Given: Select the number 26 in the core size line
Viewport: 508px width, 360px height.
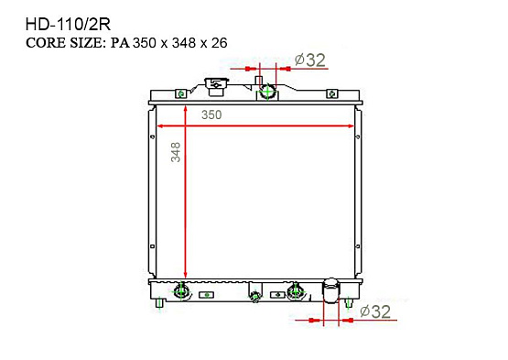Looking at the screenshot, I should pyautogui.click(x=219, y=43).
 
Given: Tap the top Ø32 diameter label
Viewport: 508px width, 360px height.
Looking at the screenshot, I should pyautogui.click(x=310, y=60).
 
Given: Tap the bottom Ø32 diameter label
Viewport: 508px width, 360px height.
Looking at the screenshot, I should pyautogui.click(x=376, y=311).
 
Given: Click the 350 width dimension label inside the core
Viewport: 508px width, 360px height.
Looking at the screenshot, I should pyautogui.click(x=211, y=115).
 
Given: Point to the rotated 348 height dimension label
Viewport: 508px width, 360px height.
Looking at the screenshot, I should pyautogui.click(x=176, y=152).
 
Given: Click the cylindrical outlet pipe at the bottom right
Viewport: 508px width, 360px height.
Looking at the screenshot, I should pyautogui.click(x=330, y=292).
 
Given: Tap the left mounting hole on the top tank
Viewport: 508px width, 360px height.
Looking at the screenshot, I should pyautogui.click(x=181, y=93).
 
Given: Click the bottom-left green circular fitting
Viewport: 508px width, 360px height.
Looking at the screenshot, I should pyautogui.click(x=181, y=292).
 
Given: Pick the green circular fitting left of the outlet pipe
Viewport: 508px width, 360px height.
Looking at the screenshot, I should pyautogui.click(x=295, y=292).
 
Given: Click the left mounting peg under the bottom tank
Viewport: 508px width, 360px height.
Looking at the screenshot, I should pyautogui.click(x=161, y=302).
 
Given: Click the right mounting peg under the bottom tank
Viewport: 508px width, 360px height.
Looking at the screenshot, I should pyautogui.click(x=350, y=302).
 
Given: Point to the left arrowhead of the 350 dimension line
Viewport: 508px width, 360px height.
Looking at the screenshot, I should pyautogui.click(x=163, y=125).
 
